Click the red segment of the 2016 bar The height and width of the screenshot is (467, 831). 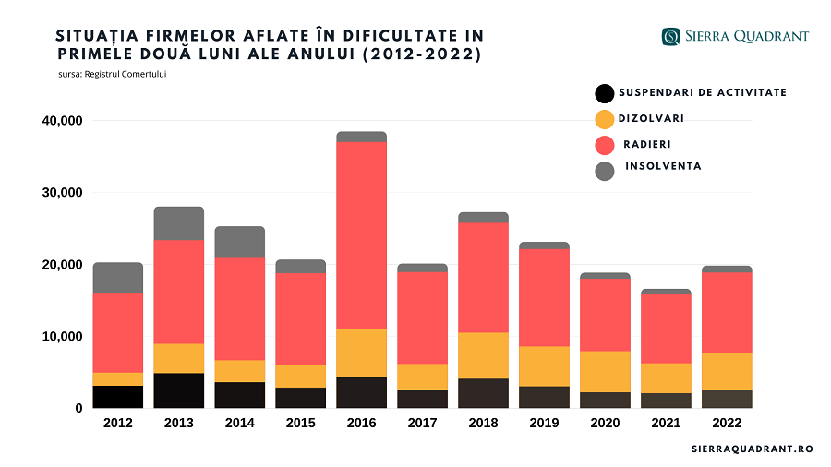click(x=361, y=235)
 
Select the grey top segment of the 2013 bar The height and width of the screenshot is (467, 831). click(x=179, y=223)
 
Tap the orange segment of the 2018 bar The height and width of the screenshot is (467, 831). click(x=483, y=355)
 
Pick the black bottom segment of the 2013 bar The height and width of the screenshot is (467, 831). click(x=179, y=390)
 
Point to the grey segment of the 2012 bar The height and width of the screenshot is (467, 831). click(x=118, y=278)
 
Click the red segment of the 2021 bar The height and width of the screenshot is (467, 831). click(x=666, y=329)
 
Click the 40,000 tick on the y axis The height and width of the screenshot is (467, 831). click(x=63, y=121)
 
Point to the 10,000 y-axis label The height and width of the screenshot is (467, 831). click(x=63, y=337)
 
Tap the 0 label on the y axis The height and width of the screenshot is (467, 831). click(x=79, y=408)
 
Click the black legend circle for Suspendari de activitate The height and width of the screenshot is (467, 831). click(x=605, y=93)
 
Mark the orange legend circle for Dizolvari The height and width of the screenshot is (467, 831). click(x=605, y=119)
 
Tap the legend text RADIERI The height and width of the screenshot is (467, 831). click(x=646, y=144)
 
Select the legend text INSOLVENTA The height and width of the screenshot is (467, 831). click(x=663, y=166)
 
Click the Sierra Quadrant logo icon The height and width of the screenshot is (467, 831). click(x=670, y=37)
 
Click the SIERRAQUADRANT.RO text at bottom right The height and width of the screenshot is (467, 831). click(x=751, y=448)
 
